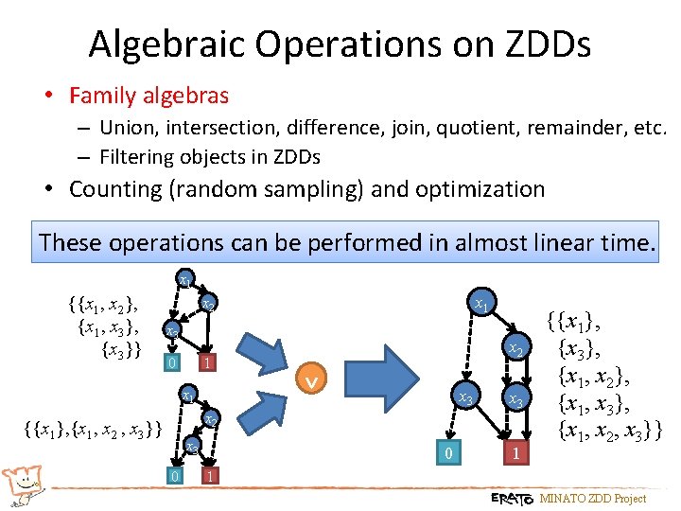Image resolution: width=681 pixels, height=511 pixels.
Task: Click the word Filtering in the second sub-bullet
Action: [139, 156]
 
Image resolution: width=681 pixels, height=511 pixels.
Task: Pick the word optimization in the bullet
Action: [479, 189]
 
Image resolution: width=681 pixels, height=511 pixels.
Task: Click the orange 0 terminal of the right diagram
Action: [448, 455]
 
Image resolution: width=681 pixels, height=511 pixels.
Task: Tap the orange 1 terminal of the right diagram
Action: [515, 455]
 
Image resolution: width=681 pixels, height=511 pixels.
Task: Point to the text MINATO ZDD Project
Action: [592, 498]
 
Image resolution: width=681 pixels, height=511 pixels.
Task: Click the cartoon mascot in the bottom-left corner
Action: [23, 484]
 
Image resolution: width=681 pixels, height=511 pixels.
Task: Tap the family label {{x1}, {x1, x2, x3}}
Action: [92, 430]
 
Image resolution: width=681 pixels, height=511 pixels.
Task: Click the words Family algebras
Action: [149, 96]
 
